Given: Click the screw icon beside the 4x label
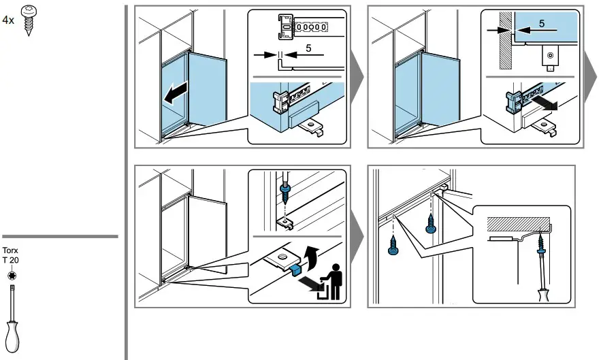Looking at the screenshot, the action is click(28, 20).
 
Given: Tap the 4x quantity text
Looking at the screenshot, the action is click(8, 20).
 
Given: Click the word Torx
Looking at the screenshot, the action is click(10, 250).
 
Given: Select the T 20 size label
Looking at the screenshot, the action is click(10, 261).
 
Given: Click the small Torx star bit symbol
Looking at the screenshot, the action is click(12, 275).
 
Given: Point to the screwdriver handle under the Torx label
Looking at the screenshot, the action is click(12, 337).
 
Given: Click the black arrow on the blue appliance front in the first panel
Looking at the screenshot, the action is click(176, 93).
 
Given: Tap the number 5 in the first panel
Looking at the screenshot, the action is click(308, 48).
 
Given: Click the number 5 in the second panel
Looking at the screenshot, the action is click(541, 24).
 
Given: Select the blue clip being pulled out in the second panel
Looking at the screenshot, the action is click(513, 102).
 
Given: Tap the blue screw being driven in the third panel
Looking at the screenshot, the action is click(285, 193).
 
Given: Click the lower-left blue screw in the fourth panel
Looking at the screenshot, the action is click(393, 246).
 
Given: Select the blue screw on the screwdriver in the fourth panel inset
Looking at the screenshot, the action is click(541, 246).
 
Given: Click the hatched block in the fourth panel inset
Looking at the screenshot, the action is click(519, 223).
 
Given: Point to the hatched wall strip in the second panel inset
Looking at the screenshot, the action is click(506, 40).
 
